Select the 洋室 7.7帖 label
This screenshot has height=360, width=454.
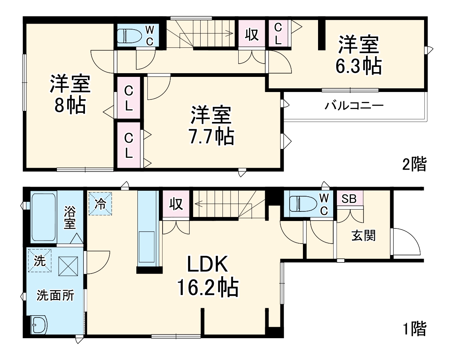pyautogui.click(x=212, y=125)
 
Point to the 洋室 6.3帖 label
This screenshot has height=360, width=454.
pyautogui.click(x=359, y=55)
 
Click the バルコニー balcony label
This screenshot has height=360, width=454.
pyautogui.click(x=354, y=106)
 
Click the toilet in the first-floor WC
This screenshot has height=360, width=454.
pyautogui.click(x=303, y=204)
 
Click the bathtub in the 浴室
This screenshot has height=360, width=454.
pyautogui.click(x=44, y=217)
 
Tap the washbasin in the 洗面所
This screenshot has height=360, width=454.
pyautogui.click(x=39, y=325)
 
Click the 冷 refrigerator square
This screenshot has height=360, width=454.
pyautogui.click(x=100, y=204)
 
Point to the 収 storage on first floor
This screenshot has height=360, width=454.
pyautogui.click(x=176, y=204)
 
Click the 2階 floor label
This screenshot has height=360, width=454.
pyautogui.click(x=414, y=164)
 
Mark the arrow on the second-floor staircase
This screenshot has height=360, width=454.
pyautogui.click(x=206, y=33)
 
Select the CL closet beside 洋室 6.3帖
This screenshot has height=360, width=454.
pyautogui.click(x=278, y=33)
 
